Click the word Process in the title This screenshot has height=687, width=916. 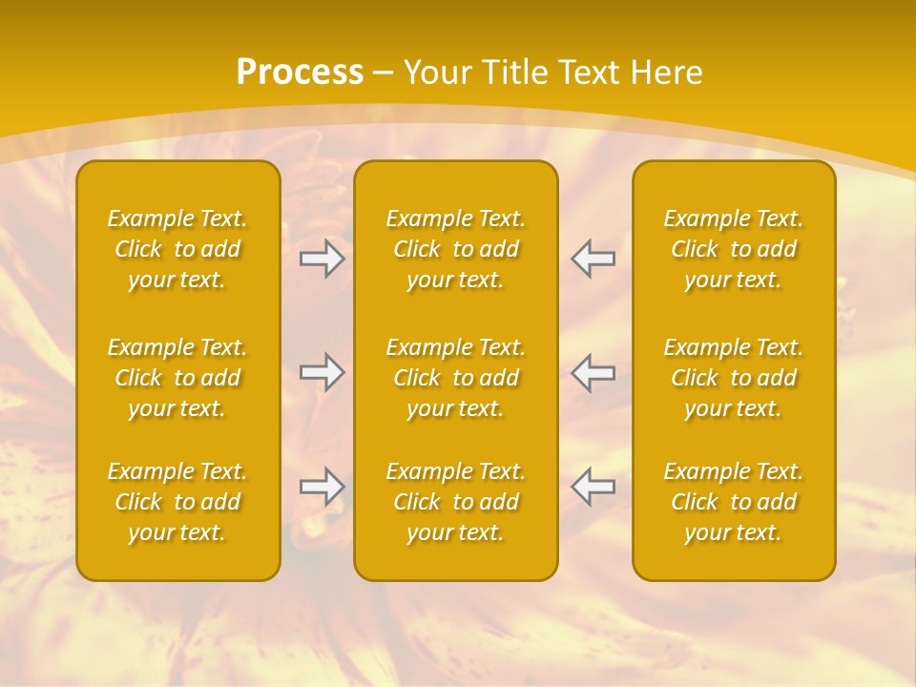click(x=300, y=73)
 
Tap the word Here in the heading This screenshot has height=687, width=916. click(x=667, y=73)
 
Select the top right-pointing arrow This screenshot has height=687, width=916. click(x=323, y=259)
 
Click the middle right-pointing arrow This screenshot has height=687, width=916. click(x=323, y=372)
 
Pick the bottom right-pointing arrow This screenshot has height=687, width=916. click(x=323, y=487)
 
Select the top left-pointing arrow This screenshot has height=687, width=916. click(x=593, y=259)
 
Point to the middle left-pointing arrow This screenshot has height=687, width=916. click(x=593, y=372)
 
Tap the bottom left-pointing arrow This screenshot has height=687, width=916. click(x=593, y=487)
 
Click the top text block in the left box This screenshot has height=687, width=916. click(x=177, y=249)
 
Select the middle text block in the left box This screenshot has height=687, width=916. click(x=177, y=378)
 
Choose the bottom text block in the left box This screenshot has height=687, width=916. click(x=177, y=502)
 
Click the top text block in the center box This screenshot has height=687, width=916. click(x=455, y=249)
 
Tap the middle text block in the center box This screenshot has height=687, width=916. click(x=455, y=378)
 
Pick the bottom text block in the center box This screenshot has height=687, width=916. click(x=455, y=502)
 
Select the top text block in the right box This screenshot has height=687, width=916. click(x=733, y=249)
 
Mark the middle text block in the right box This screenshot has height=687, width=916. click(x=733, y=378)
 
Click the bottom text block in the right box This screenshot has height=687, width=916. click(x=733, y=502)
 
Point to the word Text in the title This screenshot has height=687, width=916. click(x=591, y=73)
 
